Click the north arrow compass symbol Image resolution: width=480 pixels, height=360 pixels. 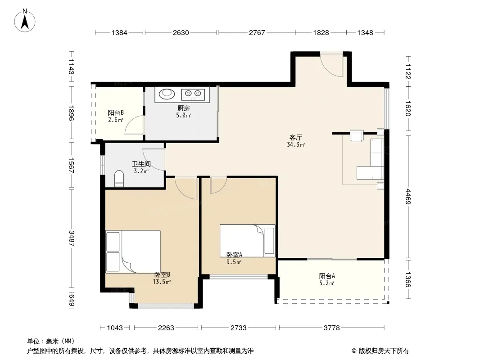[25, 20]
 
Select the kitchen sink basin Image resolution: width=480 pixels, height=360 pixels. [167, 94]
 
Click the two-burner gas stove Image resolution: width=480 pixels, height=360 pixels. [193, 94]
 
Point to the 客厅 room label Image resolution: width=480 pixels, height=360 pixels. [295, 138]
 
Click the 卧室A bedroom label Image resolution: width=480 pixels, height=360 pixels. [234, 255]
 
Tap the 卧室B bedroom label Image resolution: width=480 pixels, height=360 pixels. [162, 274]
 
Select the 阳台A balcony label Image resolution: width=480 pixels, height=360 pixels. [327, 276]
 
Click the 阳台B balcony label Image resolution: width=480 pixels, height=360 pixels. [116, 112]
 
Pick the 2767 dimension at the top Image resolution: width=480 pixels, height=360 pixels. [257, 32]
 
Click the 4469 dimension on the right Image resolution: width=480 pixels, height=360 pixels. [408, 196]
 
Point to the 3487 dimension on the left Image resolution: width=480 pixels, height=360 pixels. [71, 238]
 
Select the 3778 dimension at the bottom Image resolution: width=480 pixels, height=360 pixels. [332, 328]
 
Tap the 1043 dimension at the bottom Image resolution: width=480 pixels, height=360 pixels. [115, 328]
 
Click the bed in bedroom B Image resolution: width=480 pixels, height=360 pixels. [133, 252]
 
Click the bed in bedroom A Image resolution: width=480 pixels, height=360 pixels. [247, 241]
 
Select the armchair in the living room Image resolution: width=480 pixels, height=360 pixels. [356, 136]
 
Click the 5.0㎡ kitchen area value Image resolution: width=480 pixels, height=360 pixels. [183, 115]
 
